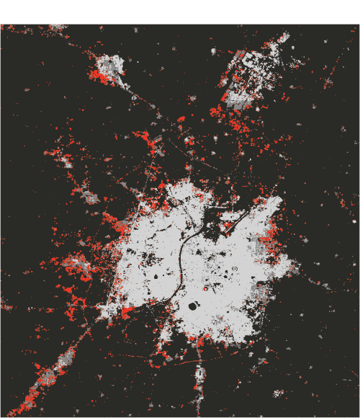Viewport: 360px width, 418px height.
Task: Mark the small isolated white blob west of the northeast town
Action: pyautogui.click(x=214, y=53)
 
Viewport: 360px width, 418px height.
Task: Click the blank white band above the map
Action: pyautogui.click(x=180, y=12)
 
